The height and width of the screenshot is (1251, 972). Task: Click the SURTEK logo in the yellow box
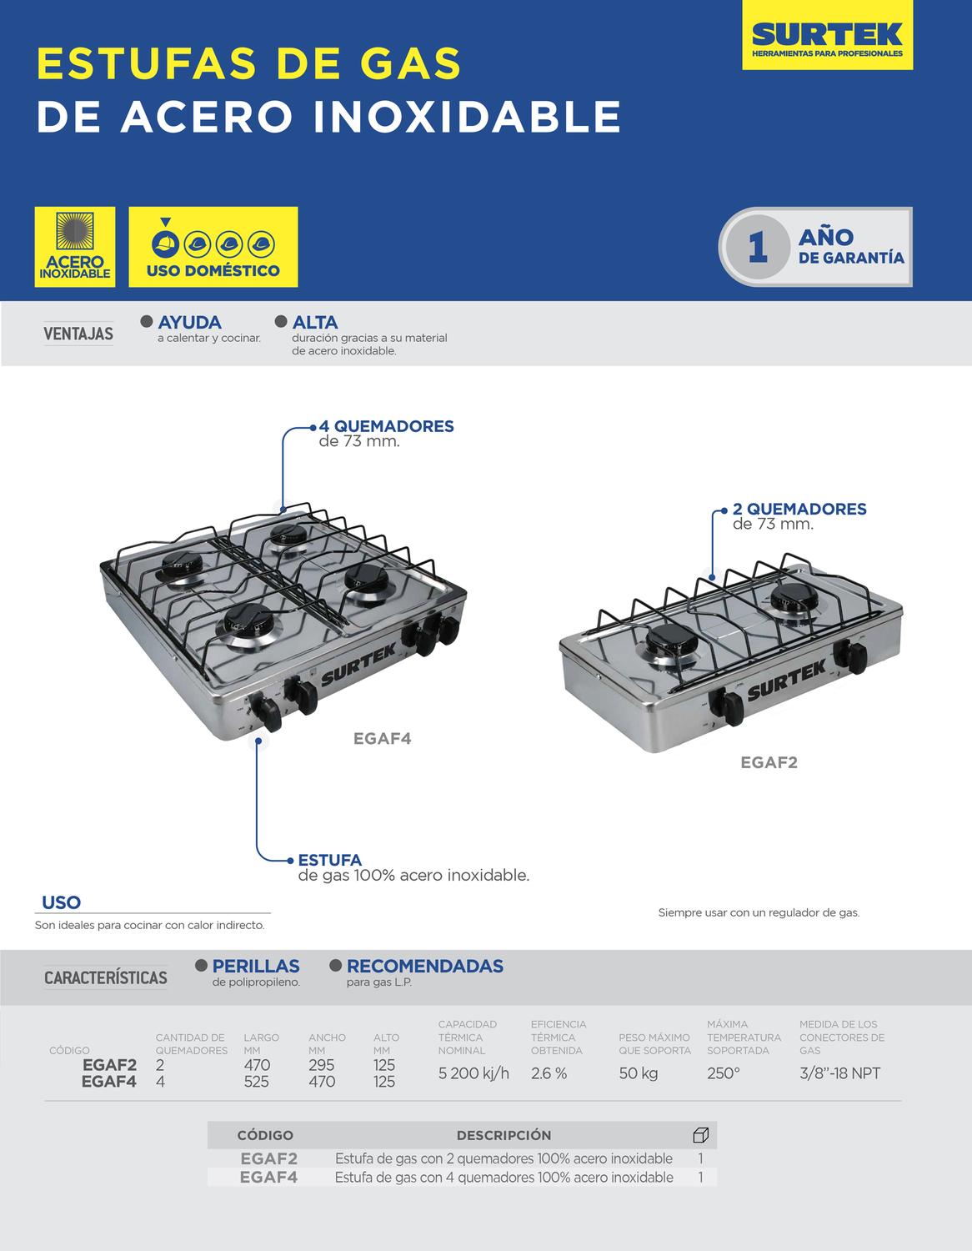coord(827,36)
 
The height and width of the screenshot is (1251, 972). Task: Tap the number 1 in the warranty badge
coord(758,248)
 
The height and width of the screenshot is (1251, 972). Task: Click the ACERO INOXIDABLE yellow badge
coord(75,247)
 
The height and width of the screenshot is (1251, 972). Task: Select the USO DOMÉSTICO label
coord(213,270)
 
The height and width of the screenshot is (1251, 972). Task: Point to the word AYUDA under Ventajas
coord(189,322)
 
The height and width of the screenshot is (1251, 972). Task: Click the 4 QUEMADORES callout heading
coord(387,427)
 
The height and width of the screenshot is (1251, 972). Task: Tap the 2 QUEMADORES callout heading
coord(799,509)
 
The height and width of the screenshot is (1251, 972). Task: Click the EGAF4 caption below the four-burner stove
coord(383,739)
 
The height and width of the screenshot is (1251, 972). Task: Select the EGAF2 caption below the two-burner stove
coord(769,763)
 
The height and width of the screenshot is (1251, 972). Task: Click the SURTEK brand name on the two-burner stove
coord(786,681)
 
